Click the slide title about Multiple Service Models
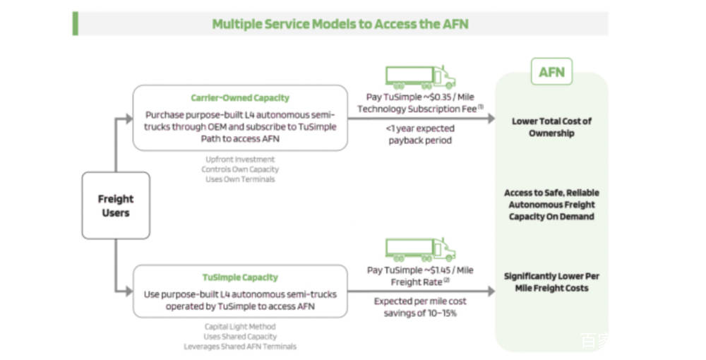(340, 24)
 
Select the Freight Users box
(116, 205)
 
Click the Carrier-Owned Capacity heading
(240, 98)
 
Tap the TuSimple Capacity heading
(240, 277)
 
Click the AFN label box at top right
(551, 72)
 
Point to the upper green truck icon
(420, 77)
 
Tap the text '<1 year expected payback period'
(420, 134)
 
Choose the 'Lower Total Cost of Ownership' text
(551, 127)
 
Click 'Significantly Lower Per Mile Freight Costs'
(551, 282)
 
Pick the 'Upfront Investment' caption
(240, 160)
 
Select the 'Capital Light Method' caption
(240, 327)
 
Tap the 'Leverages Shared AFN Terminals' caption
(240, 347)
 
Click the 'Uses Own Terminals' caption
(240, 179)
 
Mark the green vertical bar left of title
(75, 23)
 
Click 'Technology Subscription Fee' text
(417, 109)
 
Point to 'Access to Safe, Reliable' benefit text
(551, 193)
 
